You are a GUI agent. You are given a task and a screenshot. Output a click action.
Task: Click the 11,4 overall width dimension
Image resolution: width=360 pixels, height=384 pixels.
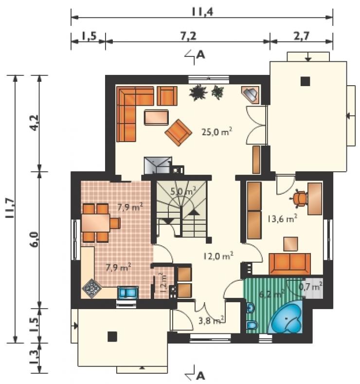(202, 12)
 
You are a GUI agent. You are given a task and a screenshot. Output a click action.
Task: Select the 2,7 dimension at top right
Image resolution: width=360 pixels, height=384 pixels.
(302, 36)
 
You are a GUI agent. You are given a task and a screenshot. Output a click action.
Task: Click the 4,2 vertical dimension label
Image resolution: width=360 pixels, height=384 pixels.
(35, 123)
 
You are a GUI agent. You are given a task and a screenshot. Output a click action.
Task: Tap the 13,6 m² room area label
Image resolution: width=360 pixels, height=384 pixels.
(282, 218)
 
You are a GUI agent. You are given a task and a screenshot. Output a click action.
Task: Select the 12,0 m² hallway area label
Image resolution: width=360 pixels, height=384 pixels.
(218, 256)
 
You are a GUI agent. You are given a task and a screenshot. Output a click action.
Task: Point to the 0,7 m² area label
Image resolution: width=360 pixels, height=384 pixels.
(310, 286)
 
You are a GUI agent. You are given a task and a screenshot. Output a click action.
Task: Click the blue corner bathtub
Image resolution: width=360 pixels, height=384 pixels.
(286, 318)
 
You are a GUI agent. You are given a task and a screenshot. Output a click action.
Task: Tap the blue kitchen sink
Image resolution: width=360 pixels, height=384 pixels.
(128, 293)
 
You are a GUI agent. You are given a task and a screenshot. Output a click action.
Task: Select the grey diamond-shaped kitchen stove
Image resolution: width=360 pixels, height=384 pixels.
(92, 289)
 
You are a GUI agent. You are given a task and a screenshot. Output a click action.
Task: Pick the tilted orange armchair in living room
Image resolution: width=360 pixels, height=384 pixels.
(178, 132)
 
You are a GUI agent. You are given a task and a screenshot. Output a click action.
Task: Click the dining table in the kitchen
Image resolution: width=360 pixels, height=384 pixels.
(96, 223)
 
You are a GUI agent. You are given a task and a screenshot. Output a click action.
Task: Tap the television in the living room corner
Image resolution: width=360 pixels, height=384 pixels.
(251, 94)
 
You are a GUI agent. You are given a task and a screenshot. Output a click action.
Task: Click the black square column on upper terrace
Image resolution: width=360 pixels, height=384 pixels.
(306, 81)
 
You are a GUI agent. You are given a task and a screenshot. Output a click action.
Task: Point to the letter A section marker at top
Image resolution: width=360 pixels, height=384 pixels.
(200, 55)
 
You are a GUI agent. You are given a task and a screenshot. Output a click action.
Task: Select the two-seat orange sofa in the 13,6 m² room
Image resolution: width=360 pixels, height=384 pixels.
(290, 264)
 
